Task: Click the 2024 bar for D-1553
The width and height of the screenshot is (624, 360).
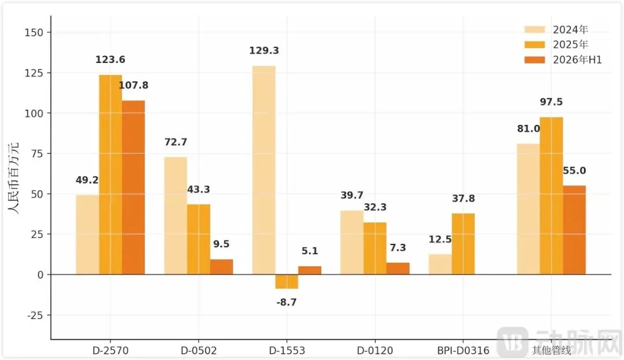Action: [x=264, y=170]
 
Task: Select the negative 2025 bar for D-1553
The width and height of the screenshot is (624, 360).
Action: [x=287, y=281]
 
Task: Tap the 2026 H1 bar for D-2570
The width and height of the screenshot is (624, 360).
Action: [x=133, y=188]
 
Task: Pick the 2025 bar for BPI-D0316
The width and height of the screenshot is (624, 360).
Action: [x=463, y=244]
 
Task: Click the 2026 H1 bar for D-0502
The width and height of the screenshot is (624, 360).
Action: [x=222, y=267]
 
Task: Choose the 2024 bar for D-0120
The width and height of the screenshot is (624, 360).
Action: [x=352, y=243]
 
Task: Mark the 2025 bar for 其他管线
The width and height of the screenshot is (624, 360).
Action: [x=551, y=196]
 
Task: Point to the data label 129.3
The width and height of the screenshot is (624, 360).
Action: [x=264, y=50]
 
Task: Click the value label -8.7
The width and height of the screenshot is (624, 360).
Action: [x=287, y=302]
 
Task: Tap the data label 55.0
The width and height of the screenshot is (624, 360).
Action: [x=574, y=170]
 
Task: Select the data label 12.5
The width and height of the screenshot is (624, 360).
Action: [x=440, y=239]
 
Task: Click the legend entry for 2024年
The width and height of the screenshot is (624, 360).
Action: [x=556, y=29]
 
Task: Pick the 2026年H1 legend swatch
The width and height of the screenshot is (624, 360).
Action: [x=534, y=60]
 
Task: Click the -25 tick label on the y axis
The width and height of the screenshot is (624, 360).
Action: [x=35, y=316]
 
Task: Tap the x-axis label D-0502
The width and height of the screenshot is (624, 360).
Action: [x=199, y=350]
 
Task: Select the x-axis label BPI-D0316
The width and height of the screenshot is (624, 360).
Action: [x=463, y=350]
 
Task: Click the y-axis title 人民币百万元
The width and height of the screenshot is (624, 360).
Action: [x=13, y=178]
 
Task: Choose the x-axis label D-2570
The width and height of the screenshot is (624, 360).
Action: [x=110, y=350]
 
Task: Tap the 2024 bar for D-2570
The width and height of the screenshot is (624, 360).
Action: [x=88, y=235]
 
